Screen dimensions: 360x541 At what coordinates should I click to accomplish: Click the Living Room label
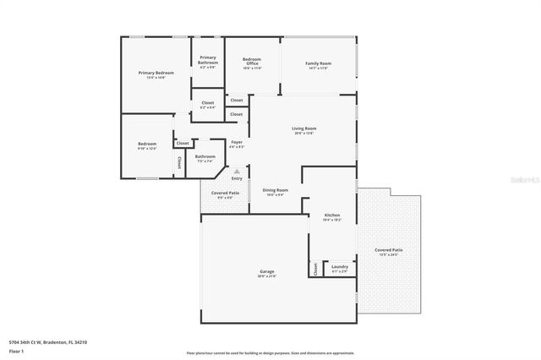303,130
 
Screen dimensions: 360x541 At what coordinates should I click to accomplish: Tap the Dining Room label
276,192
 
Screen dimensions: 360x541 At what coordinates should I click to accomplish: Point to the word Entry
237,178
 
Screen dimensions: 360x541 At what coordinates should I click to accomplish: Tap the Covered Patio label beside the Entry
225,195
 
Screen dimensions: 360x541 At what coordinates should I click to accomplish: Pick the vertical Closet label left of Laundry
315,269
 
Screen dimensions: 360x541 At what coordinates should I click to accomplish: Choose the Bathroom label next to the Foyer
205,157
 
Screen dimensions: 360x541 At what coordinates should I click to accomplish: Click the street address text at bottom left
47,342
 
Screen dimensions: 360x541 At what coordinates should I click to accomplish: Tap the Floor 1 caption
16,351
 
